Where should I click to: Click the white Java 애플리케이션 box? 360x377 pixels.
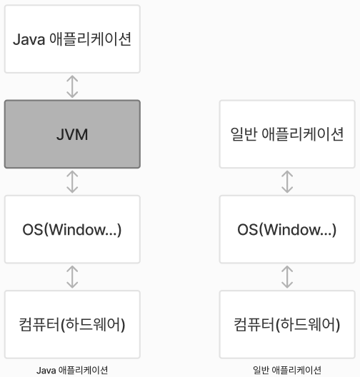click(72, 38)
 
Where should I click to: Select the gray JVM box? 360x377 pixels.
click(72, 134)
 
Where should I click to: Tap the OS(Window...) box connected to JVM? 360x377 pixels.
click(72, 230)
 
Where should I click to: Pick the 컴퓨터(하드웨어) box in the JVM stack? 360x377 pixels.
click(72, 325)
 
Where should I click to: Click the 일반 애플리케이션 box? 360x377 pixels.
click(287, 134)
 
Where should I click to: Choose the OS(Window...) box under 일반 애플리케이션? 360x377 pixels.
click(287, 230)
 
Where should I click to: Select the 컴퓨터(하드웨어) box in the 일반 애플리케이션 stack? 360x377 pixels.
click(287, 325)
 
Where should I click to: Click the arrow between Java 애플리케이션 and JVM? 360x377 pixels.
click(72, 86)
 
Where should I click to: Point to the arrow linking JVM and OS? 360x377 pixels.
click(72, 181)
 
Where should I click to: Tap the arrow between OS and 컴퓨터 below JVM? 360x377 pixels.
click(72, 277)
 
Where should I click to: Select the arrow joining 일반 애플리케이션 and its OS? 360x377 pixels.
click(287, 181)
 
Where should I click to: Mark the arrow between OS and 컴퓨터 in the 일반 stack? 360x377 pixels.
click(287, 277)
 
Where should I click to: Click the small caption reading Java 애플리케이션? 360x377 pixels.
click(72, 370)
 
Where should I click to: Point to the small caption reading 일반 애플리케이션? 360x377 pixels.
click(287, 370)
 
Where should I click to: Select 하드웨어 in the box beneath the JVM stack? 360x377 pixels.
click(95, 325)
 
